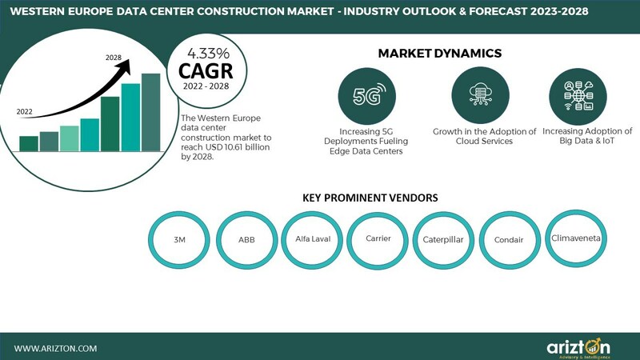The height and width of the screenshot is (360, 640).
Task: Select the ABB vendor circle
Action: [246, 238]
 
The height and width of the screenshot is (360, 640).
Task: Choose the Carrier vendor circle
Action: [378, 238]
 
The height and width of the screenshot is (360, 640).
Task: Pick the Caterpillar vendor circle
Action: [443, 238]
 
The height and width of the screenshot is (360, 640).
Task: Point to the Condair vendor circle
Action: [510, 238]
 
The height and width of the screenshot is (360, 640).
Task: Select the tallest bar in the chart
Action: [150, 111]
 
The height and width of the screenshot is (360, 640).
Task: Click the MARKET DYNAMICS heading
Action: [439, 54]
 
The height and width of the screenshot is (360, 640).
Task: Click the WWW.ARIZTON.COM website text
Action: [56, 348]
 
